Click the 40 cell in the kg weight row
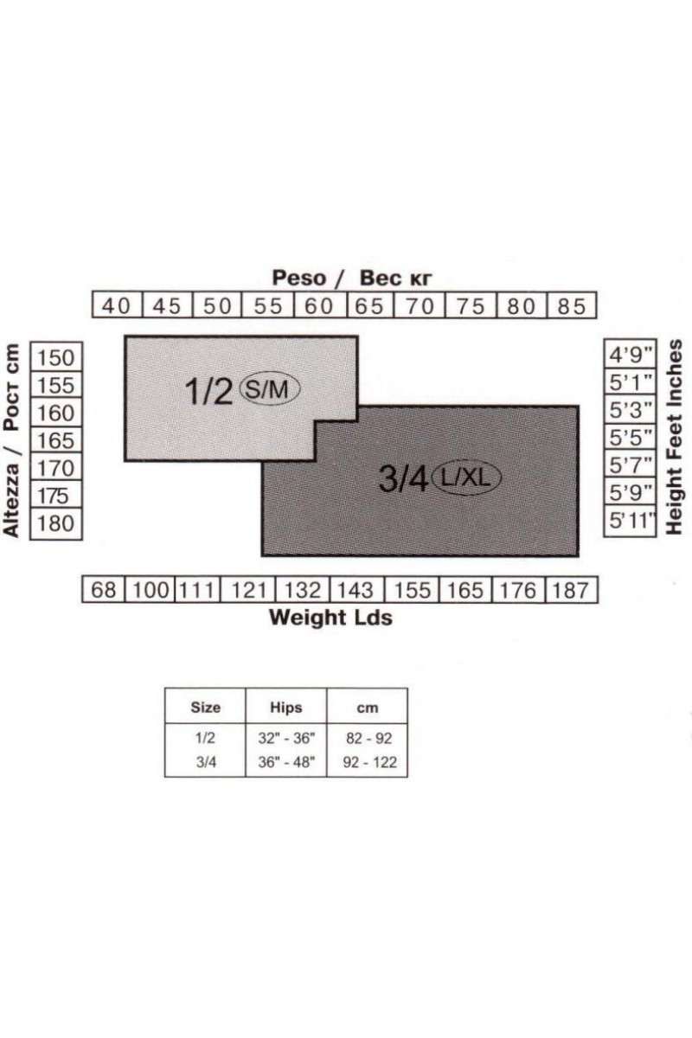[118, 305]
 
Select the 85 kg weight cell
[572, 305]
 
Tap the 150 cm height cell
[56, 357]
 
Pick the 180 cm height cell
[56, 523]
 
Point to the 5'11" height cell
[630, 521]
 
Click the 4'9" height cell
[630, 355]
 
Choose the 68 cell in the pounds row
[104, 590]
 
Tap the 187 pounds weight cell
[572, 590]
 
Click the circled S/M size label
[269, 390]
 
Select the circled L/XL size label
[466, 477]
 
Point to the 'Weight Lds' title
[331, 618]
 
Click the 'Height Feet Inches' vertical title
[675, 437]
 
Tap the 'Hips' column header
[286, 708]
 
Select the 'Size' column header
[205, 708]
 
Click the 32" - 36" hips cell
[286, 738]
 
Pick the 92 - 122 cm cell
[370, 762]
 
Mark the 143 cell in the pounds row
[357, 590]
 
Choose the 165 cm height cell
[56, 440]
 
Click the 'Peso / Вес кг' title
[352, 278]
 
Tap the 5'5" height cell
[630, 437]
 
